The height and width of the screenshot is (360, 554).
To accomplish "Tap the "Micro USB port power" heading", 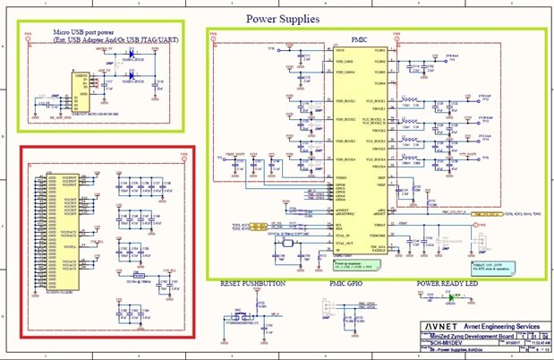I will tap(88, 32).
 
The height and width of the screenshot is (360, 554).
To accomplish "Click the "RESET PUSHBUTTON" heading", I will tap(252, 284).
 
